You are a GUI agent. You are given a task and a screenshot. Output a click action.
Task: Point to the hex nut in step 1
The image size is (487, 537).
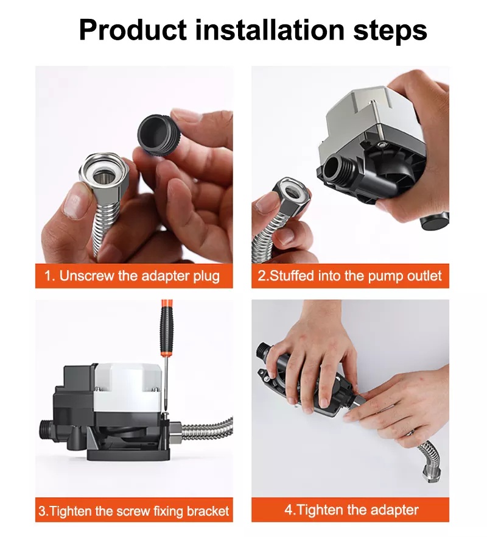(x=100, y=176)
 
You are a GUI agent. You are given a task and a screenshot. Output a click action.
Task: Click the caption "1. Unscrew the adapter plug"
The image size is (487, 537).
(x=132, y=276)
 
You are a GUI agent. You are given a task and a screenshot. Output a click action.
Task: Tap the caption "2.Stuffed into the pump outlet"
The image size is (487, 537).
(x=349, y=276)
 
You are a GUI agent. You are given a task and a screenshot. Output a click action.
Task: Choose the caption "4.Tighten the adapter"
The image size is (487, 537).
(x=351, y=510)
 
